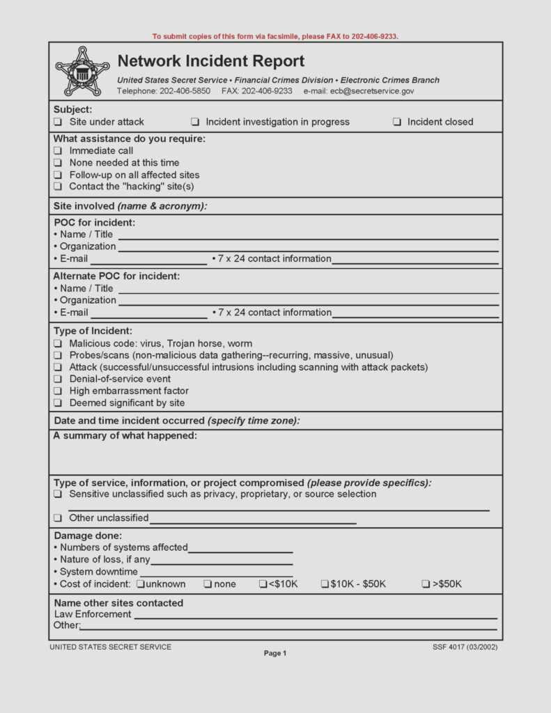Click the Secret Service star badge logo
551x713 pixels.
(x=82, y=71)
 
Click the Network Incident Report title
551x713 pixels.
(x=210, y=61)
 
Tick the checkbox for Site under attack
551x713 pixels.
(x=58, y=122)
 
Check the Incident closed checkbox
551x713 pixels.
(x=396, y=122)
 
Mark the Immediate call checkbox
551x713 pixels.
(x=58, y=151)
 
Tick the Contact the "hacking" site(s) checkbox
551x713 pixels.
(x=58, y=187)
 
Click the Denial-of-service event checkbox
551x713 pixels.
(x=58, y=379)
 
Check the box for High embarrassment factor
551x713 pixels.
(x=58, y=391)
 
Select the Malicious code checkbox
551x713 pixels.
(x=58, y=344)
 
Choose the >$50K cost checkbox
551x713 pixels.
(x=426, y=584)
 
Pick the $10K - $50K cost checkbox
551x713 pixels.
(x=325, y=584)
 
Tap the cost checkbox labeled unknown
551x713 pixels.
(x=141, y=584)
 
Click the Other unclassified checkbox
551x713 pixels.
(x=58, y=518)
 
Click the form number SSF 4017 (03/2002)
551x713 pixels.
(x=465, y=647)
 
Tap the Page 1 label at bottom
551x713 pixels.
(x=274, y=653)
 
